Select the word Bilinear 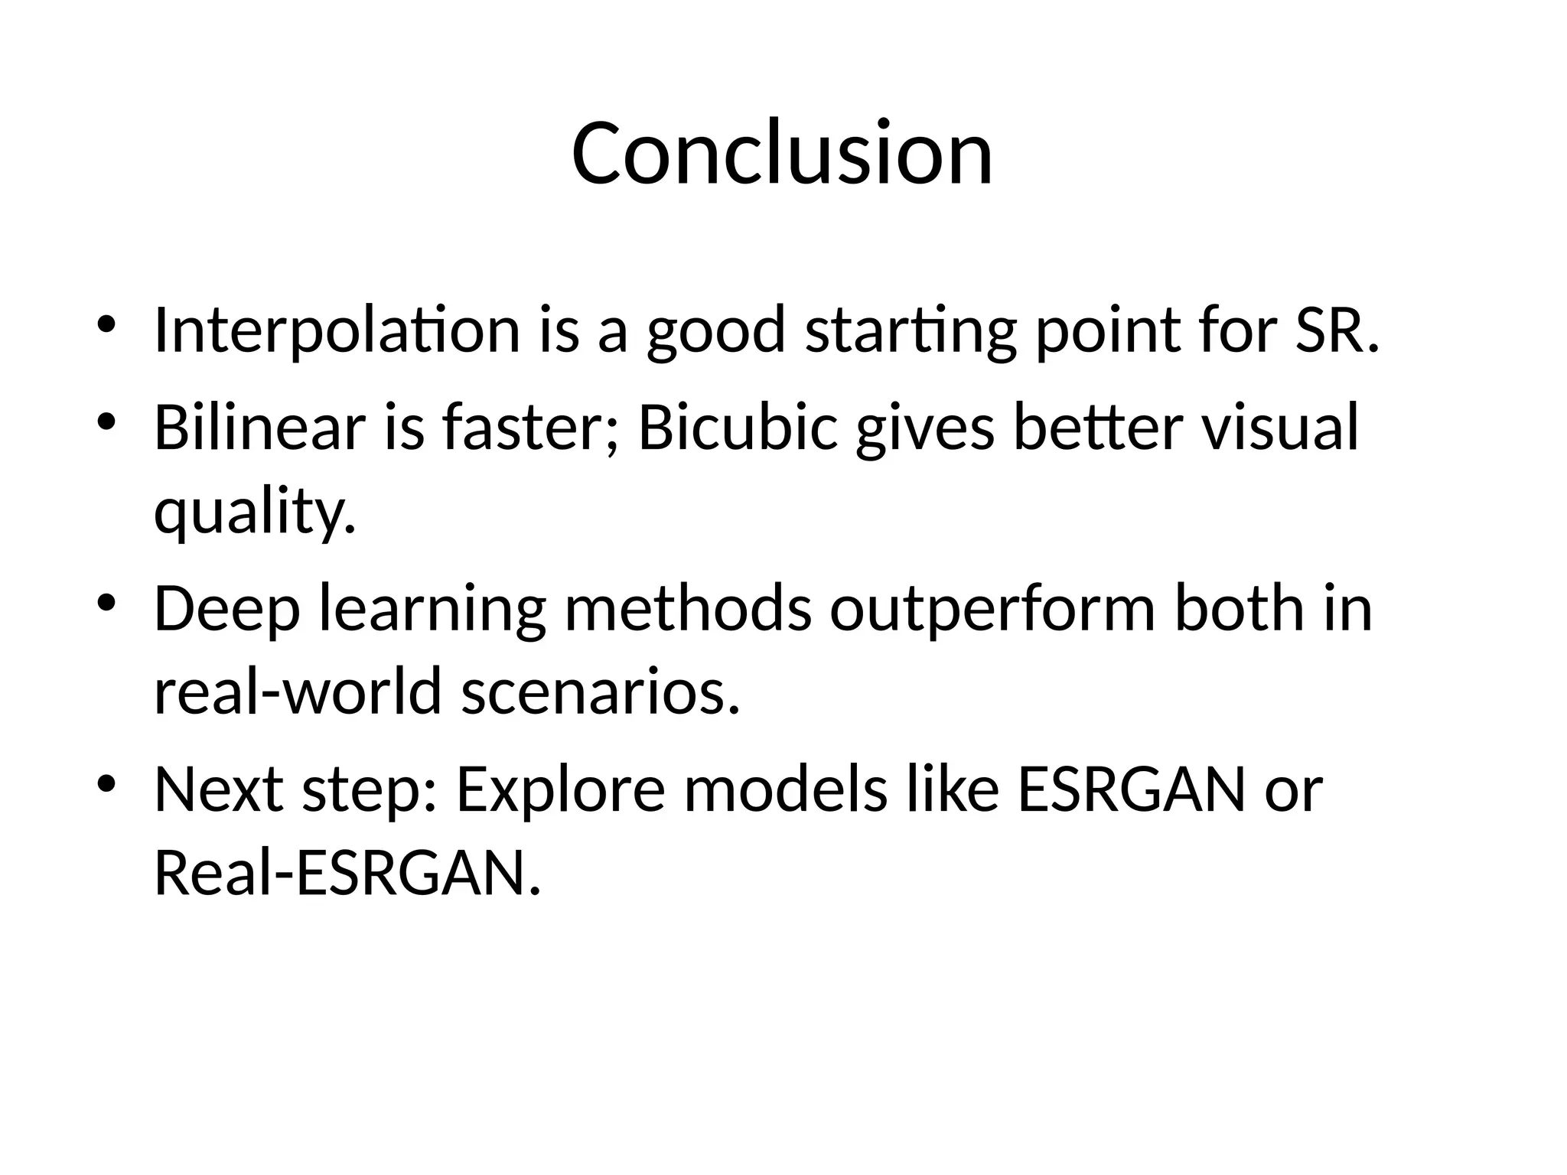click(259, 428)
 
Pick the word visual click(1279, 428)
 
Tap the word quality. click(255, 513)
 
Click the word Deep click(226, 609)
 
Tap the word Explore click(561, 789)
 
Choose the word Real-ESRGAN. click(347, 874)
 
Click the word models click(785, 789)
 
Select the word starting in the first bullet click(911, 330)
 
